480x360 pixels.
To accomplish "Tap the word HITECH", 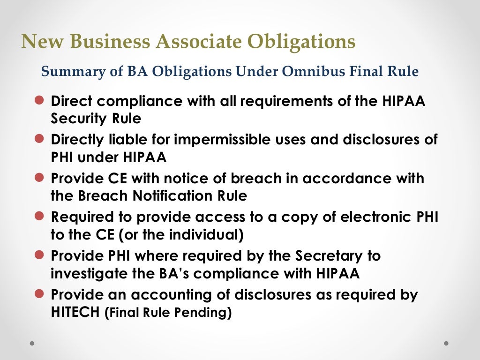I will [x=75, y=313].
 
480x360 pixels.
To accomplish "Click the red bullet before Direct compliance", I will [x=39, y=100].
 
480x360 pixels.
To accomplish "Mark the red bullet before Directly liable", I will [x=39, y=139].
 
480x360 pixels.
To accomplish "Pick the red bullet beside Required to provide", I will [x=39, y=217].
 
